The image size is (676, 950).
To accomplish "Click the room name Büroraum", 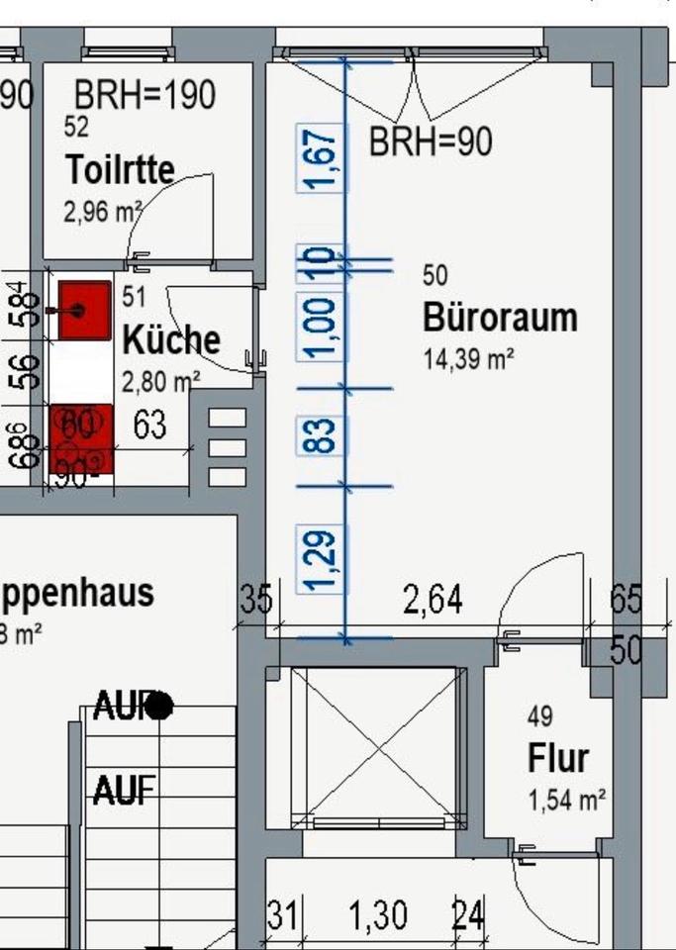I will point(500,318).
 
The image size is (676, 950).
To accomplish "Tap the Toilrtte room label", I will point(120,168).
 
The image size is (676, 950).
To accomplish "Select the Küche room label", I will point(170,339).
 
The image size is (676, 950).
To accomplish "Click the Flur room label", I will point(557,759).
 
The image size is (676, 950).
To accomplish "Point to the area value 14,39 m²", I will point(468,359).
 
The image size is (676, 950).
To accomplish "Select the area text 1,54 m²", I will point(566,800).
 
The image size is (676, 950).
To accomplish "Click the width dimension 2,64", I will point(433,600).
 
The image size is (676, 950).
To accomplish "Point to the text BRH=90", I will point(430,142).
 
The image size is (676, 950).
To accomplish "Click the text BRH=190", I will point(145,95).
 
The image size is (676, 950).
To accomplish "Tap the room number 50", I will point(435,275).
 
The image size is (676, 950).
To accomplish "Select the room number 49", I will point(540,715).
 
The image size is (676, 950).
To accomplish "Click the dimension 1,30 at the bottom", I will point(378,916).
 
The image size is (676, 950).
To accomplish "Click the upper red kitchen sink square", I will point(83,310).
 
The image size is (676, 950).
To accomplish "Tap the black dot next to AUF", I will point(160,706).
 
